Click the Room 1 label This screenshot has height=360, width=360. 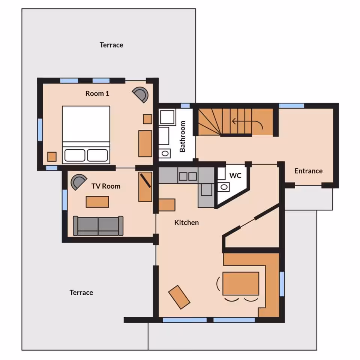pos(97,93)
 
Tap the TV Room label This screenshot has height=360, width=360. pos(106,186)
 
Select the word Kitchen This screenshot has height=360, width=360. pos(186,222)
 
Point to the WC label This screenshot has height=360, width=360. pos(235,175)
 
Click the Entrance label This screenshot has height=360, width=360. pos(308,171)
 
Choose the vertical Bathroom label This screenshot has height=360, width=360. pos(183,136)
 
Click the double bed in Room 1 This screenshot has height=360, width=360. pos(86,135)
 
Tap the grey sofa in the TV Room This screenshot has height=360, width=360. pos(98,226)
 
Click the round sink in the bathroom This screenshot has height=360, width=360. pos(165,153)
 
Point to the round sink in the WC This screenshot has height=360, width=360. pos(224,187)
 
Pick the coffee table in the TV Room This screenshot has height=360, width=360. pos(97,202)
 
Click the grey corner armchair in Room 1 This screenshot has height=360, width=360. pos(141,94)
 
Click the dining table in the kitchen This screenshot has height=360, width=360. pos(241,283)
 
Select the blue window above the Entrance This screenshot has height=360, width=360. pos(291,106)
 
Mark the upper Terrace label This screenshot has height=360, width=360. pos(111,45)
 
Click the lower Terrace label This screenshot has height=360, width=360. pos(81,292)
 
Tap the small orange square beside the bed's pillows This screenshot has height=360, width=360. pos(52,157)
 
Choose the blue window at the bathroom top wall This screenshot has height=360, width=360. pos(185,106)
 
